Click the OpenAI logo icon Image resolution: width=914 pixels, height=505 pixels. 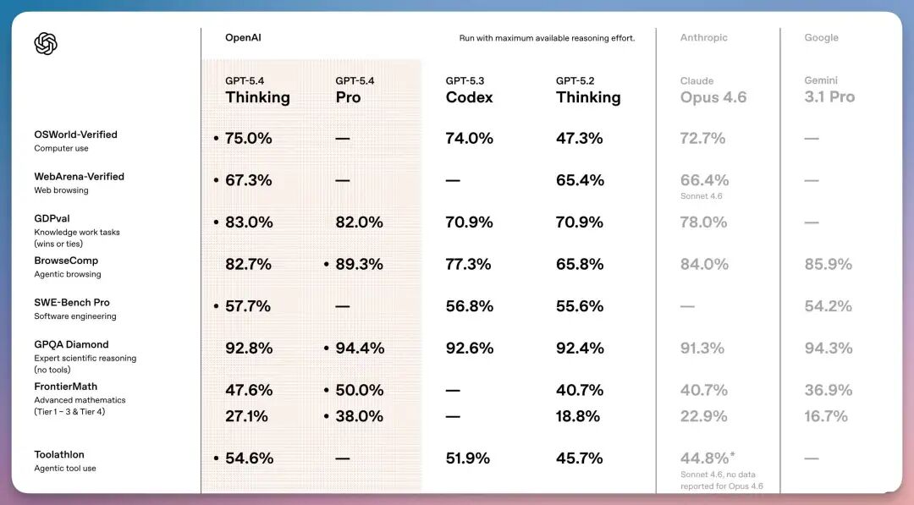tap(46, 43)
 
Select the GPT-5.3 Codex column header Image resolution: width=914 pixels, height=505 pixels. tap(469, 91)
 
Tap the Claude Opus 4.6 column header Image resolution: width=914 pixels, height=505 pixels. tap(713, 91)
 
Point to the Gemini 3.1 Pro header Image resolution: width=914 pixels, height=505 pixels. tap(829, 91)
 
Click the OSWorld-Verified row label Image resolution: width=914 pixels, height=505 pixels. tap(75, 134)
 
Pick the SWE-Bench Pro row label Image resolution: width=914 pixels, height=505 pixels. tap(72, 303)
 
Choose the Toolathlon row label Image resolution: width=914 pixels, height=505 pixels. tap(59, 455)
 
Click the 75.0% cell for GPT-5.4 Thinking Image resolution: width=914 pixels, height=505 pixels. tap(248, 138)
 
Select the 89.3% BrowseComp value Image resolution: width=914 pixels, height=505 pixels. tap(359, 264)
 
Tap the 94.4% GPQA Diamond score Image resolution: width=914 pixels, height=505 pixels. tap(359, 348)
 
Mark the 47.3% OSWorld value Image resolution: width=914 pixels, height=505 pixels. tap(579, 138)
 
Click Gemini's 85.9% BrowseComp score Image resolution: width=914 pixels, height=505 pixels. tap(827, 264)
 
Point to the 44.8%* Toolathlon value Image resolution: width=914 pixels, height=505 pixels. tap(705, 458)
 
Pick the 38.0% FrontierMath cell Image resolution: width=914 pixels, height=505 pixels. tap(359, 416)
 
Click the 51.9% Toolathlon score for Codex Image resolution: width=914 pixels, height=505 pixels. tap(468, 458)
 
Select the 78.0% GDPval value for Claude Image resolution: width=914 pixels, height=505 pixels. tap(703, 222)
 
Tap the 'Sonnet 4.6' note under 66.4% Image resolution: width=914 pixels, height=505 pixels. tap(702, 196)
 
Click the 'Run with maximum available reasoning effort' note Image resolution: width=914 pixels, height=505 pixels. tap(547, 38)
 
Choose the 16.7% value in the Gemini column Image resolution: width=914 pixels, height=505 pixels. tap(826, 416)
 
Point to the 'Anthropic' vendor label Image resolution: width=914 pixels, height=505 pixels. tap(703, 38)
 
